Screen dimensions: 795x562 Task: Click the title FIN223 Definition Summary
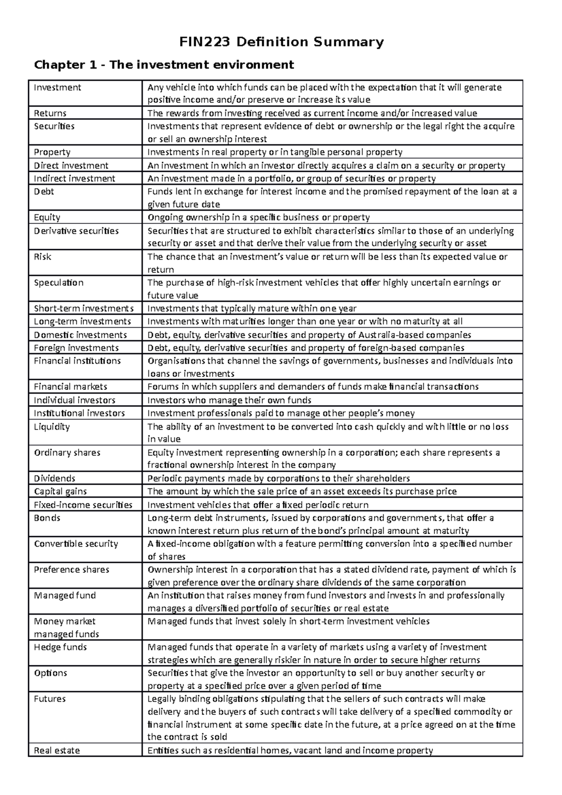click(x=281, y=43)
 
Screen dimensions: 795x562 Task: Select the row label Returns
click(x=50, y=113)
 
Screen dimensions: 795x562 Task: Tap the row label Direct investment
click(x=71, y=166)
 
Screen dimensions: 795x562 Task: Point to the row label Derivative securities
click(x=76, y=231)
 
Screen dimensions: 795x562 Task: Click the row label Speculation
click(x=59, y=283)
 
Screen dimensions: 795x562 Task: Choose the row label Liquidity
click(x=52, y=427)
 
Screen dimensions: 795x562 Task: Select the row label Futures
click(x=50, y=699)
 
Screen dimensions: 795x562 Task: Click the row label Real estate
click(x=57, y=751)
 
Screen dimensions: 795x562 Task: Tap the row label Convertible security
click(x=76, y=544)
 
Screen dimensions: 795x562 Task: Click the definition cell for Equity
click(x=259, y=218)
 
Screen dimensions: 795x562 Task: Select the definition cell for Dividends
click(x=279, y=478)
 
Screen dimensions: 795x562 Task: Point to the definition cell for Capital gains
click(x=302, y=492)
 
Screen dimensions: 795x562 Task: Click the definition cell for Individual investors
click(x=229, y=400)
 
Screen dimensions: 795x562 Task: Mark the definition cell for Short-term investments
click(x=252, y=309)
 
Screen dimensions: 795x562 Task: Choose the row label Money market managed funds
click(x=67, y=628)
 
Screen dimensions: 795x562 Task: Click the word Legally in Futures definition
click(x=163, y=699)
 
